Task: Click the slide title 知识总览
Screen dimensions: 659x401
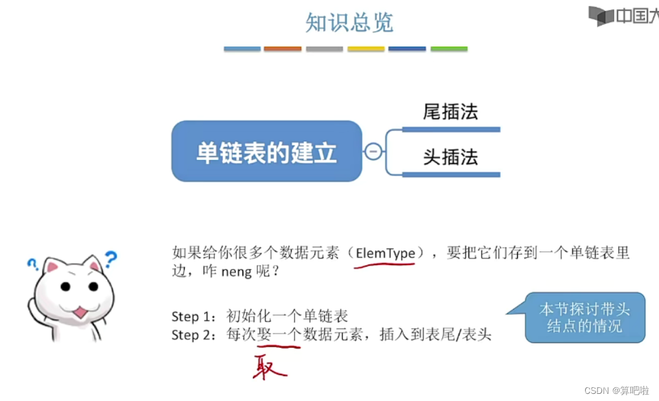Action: pos(349,23)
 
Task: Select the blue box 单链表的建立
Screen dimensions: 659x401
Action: pos(266,152)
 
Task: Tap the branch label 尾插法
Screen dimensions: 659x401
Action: pos(450,111)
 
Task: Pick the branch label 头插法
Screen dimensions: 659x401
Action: pos(450,157)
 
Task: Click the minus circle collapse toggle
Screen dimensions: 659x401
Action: pos(373,152)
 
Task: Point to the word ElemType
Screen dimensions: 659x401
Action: pos(385,253)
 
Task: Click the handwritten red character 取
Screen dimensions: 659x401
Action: pos(270,367)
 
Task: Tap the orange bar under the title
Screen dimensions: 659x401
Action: pos(283,49)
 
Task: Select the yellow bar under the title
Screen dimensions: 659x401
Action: pos(366,49)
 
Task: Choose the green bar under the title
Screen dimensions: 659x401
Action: pos(449,49)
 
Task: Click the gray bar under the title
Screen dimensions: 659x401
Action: pos(324,49)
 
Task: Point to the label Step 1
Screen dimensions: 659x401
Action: pos(192,317)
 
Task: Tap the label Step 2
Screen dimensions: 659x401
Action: pos(192,335)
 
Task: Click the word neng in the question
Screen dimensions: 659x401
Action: pos(236,272)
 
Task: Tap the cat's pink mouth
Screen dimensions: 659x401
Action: pos(80,312)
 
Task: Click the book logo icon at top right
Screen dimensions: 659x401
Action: pos(600,16)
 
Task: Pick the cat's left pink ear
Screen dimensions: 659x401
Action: pos(52,266)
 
